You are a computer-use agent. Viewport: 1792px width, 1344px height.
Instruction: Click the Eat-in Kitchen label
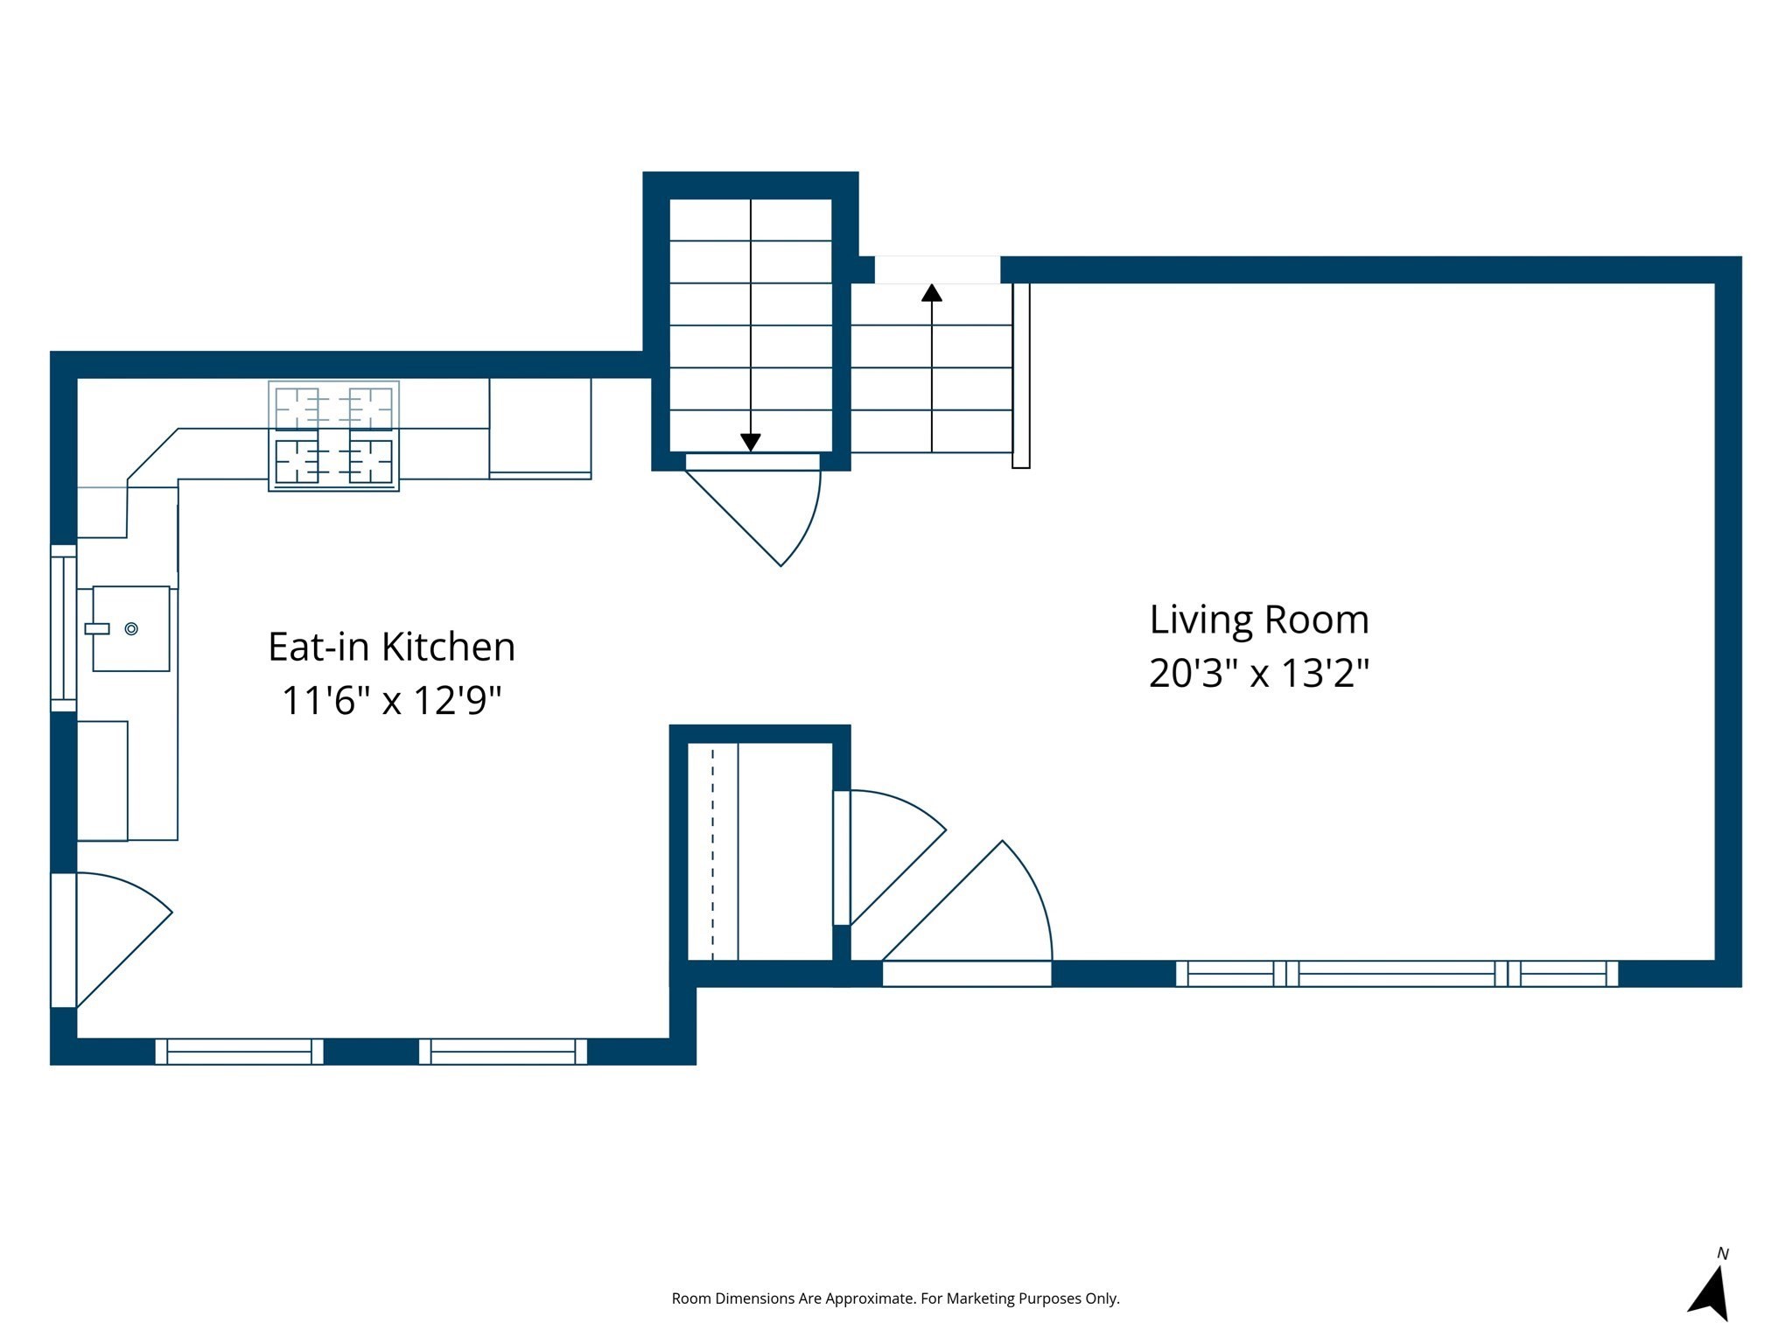(391, 647)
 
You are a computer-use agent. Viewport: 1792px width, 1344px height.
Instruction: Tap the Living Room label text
(1258, 620)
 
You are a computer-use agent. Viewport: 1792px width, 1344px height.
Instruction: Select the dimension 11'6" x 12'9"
(391, 701)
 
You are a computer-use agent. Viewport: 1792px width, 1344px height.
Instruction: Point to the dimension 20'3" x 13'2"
(1258, 674)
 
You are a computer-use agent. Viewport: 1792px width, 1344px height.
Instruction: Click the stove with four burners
(333, 436)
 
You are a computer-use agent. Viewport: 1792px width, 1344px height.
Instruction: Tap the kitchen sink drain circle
(131, 628)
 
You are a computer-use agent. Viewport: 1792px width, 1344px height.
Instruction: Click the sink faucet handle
(96, 628)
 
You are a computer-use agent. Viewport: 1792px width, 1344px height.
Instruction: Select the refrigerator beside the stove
(540, 427)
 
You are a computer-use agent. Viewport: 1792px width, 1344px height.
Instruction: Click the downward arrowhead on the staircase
(750, 443)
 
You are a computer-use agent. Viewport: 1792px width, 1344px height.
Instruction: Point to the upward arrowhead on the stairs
(932, 293)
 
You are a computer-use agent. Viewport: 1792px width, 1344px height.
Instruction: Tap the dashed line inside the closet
(712, 853)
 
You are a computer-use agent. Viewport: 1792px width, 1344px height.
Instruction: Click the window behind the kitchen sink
(63, 628)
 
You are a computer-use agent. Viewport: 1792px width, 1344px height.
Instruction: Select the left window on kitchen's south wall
(239, 1051)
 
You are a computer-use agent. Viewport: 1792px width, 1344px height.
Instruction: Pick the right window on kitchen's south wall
(503, 1051)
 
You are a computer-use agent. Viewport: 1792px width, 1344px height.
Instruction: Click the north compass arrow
(1711, 1295)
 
